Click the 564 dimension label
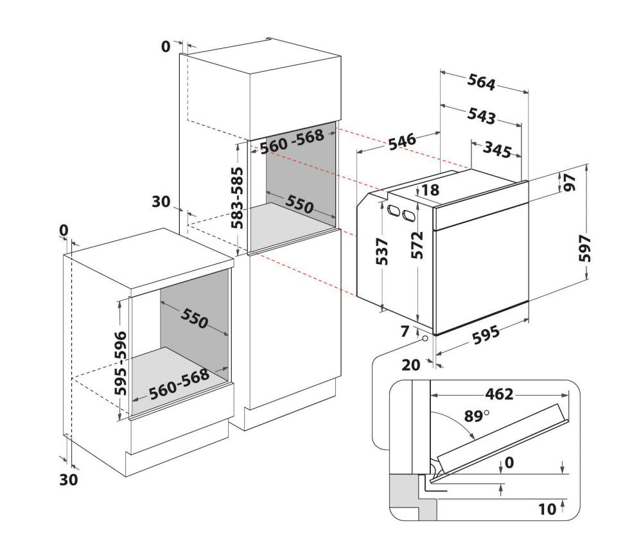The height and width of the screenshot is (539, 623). point(481,82)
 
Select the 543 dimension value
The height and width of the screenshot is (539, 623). point(481,116)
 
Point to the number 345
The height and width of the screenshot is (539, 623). point(497,149)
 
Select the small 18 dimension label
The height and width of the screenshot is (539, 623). point(430,190)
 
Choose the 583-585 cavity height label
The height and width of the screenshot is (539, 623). point(238,198)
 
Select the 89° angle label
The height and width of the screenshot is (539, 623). point(477,416)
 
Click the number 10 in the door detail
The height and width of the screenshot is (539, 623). point(547,509)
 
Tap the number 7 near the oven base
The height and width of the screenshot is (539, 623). point(404,331)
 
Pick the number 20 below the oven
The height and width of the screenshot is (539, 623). point(410,365)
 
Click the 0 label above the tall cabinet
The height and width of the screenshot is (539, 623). point(166,46)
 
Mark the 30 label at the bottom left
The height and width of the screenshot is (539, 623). point(69,479)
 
